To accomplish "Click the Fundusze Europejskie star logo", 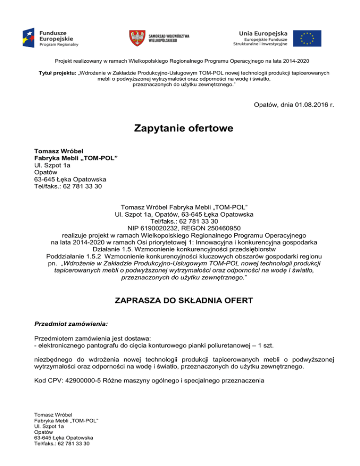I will (x=30, y=38).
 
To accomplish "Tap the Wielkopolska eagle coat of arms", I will (x=137, y=38).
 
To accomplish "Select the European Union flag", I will (x=307, y=38).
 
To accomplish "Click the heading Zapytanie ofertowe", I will (x=180, y=128).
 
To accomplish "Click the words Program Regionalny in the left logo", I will (x=59, y=44).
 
